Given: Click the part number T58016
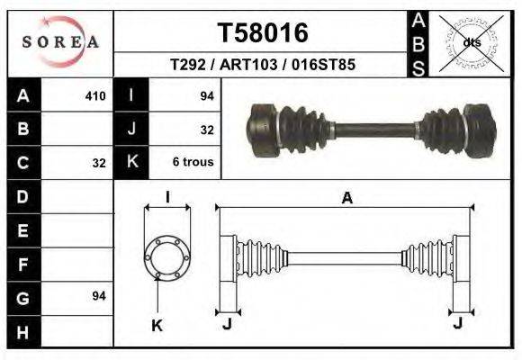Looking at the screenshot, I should pyautogui.click(x=263, y=33).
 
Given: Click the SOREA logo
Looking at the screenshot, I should pyautogui.click(x=60, y=42).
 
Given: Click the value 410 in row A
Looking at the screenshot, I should pyautogui.click(x=95, y=95).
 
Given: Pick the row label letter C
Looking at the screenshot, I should pyautogui.click(x=23, y=163).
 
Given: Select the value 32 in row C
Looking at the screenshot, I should pyautogui.click(x=99, y=163).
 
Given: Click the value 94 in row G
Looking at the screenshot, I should pyautogui.click(x=99, y=295).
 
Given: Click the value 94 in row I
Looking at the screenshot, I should pyautogui.click(x=205, y=95).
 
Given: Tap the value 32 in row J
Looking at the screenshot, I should pyautogui.click(x=206, y=130).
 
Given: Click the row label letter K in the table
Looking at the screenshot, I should pyautogui.click(x=131, y=163).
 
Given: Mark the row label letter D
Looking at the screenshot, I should pyautogui.click(x=23, y=195).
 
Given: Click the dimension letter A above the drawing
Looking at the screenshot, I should pyautogui.click(x=346, y=198).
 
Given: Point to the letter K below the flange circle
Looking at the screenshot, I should pyautogui.click(x=157, y=326).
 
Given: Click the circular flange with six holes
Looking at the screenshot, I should pyautogui.click(x=166, y=256).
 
